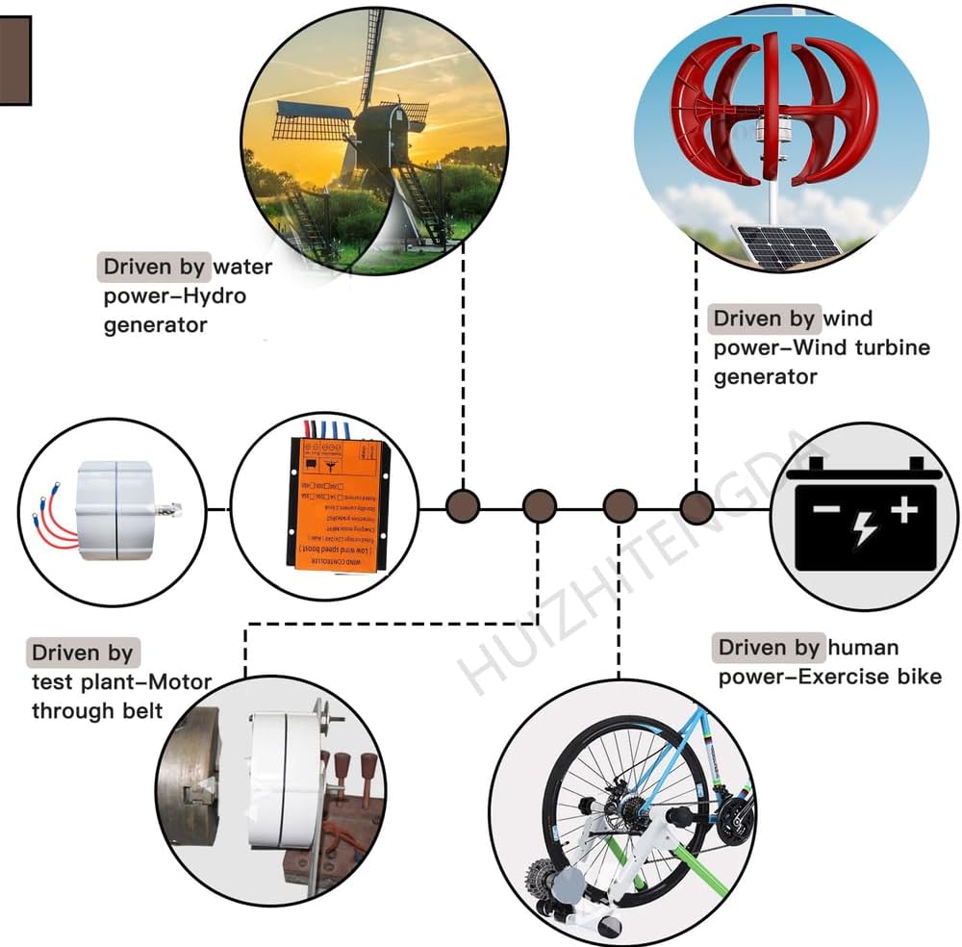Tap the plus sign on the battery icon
coord(902,510)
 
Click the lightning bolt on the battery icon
coord(864,525)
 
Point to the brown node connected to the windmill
coord(463,505)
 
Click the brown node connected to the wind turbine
coord(696,505)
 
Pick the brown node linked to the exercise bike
coord(620,505)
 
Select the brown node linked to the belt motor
coord(539,505)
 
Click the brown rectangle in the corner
coord(14,60)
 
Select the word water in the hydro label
coord(242,267)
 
